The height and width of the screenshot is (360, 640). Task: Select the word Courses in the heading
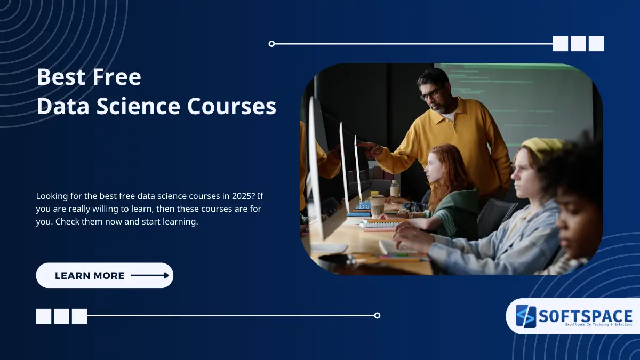[231, 106]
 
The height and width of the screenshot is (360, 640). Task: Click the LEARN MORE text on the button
[90, 276]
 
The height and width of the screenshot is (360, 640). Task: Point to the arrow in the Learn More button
[150, 275]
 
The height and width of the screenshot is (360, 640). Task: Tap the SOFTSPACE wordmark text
[585, 316]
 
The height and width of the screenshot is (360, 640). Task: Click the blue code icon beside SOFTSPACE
[526, 316]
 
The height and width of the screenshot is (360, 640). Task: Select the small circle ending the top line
[271, 44]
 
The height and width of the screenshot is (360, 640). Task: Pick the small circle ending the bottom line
[377, 315]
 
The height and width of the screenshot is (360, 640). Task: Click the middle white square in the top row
[578, 44]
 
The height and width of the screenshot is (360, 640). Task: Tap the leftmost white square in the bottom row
[44, 316]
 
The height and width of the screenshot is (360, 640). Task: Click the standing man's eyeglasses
[431, 93]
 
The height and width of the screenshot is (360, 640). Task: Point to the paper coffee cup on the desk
[378, 207]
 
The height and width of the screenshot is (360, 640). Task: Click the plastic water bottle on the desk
[395, 188]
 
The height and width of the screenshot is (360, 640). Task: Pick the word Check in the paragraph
[67, 221]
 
